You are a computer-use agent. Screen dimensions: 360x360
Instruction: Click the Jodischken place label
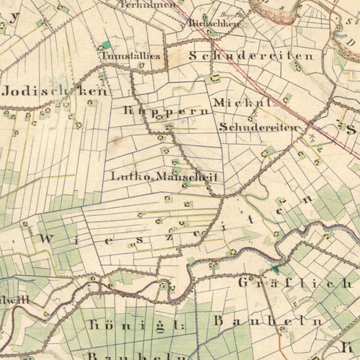pos(55,92)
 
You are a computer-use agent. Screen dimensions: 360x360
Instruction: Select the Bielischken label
pos(213,23)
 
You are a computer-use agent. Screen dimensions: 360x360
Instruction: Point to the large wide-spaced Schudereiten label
pos(251,55)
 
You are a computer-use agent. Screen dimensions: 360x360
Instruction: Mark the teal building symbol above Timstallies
pos(107,45)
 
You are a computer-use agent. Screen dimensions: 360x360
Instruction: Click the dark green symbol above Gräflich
pos(274,270)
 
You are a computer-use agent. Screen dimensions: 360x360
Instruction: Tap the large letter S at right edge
pos(351,130)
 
